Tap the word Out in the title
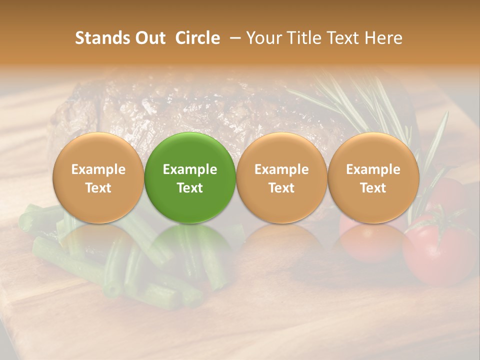pyautogui.click(x=149, y=38)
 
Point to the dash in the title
pyautogui.click(x=232, y=38)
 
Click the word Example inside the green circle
pyautogui.click(x=190, y=169)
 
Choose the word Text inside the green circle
pyautogui.click(x=190, y=188)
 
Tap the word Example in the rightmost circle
pyautogui.click(x=373, y=169)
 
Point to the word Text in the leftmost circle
pyautogui.click(x=98, y=188)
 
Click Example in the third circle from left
pyautogui.click(x=281, y=169)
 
